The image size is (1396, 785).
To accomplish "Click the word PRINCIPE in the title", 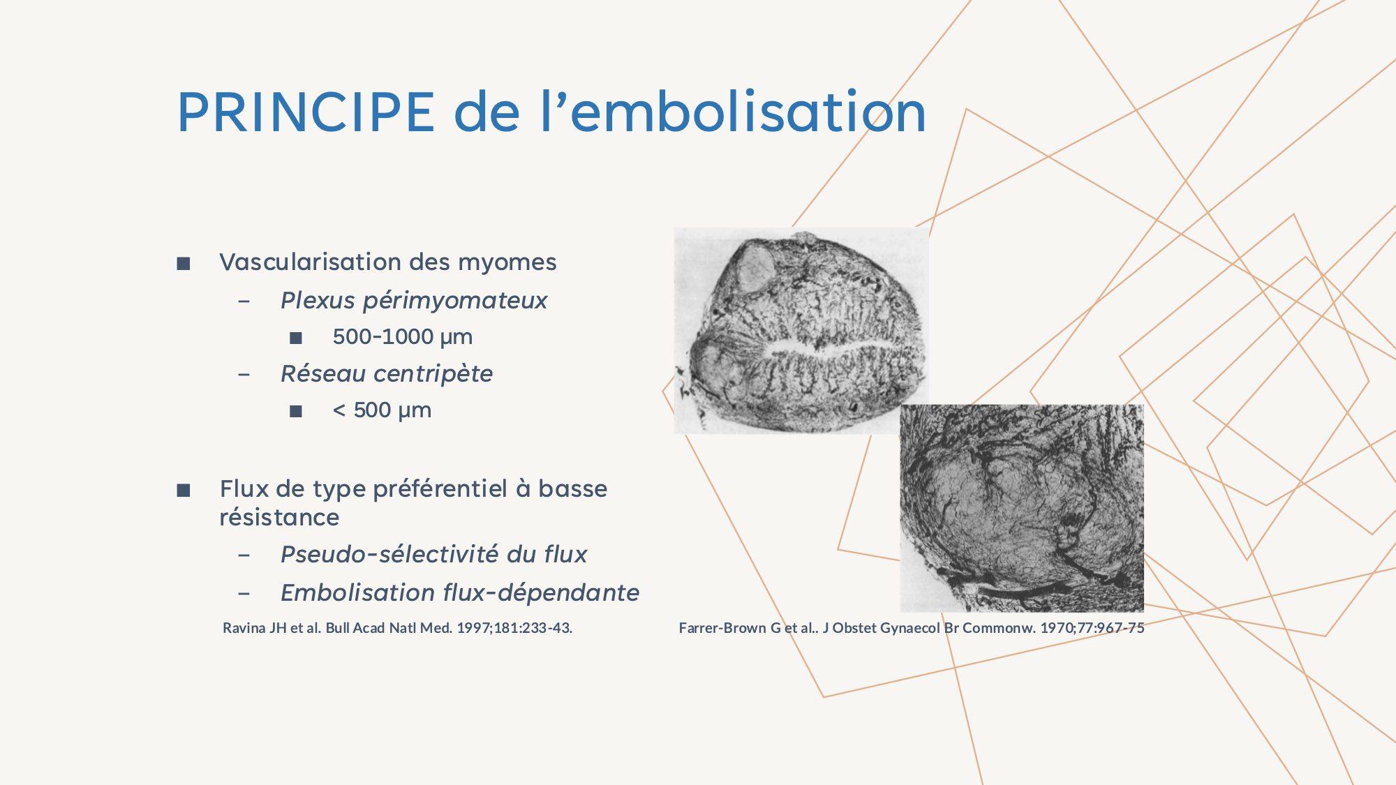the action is [306, 112].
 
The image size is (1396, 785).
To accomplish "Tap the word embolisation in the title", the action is [748, 111].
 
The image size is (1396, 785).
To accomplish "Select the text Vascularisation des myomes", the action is [388, 262].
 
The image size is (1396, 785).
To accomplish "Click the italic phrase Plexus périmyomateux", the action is [414, 301].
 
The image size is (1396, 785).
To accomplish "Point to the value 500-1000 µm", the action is [403, 337].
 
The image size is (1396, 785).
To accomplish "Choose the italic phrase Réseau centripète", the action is [387, 374].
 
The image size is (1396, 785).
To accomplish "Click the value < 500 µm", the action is [383, 410].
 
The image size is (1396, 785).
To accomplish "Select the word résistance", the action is [279, 518].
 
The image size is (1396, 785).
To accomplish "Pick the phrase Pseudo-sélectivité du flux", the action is [433, 555].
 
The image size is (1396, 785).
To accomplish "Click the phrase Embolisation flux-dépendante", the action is [460, 593].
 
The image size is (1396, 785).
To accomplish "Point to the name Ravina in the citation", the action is [244, 628].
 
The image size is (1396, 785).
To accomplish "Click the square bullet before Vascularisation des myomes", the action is [184, 264].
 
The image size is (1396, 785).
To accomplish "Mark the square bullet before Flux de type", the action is [184, 491].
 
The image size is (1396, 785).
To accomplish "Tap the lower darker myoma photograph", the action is [1022, 508].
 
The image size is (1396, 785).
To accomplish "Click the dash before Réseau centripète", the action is [244, 375].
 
